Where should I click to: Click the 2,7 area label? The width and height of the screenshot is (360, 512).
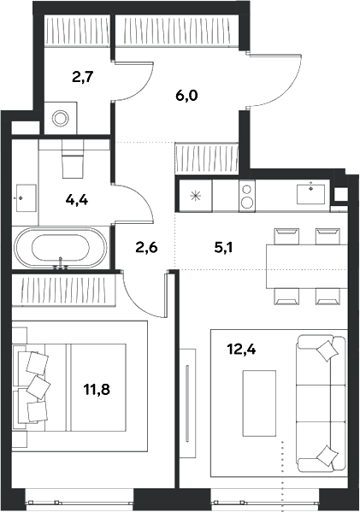[83, 78]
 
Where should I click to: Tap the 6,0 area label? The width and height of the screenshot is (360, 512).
[186, 96]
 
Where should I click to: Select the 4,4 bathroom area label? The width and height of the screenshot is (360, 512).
[77, 199]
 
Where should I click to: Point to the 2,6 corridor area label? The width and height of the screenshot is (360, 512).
[147, 247]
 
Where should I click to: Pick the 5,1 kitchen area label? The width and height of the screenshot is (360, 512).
[223, 248]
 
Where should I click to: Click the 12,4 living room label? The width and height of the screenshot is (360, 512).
[241, 349]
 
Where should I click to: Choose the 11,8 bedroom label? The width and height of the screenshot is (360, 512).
[97, 389]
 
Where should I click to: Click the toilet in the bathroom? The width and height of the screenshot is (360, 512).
[73, 159]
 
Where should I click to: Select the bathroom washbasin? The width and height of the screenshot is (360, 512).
[27, 198]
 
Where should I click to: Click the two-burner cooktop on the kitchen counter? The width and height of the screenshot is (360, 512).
[247, 196]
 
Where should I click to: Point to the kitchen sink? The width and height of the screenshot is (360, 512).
[310, 194]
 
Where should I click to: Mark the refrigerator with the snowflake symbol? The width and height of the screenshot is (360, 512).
[196, 196]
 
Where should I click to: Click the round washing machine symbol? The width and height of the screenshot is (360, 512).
[61, 118]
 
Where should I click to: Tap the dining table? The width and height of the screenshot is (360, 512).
[307, 266]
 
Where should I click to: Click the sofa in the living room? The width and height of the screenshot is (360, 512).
[322, 403]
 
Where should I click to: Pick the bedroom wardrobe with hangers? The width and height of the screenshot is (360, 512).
[64, 290]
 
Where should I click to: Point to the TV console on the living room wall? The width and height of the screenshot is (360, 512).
[188, 403]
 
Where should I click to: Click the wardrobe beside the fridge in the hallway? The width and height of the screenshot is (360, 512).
[207, 159]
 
